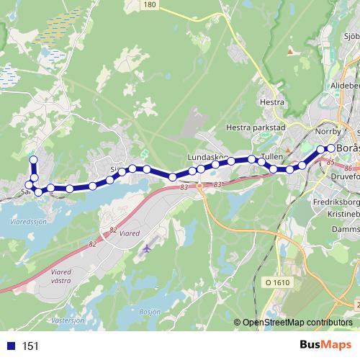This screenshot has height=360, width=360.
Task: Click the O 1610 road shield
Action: click(x=276, y=283)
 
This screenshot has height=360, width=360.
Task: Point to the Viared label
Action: click(x=127, y=233)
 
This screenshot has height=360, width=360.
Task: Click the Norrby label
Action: click(x=328, y=131)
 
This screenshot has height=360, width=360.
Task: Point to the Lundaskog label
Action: click(x=207, y=156)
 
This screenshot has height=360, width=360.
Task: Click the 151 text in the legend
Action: click(x=30, y=346)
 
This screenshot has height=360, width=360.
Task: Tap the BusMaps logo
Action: click(x=320, y=346)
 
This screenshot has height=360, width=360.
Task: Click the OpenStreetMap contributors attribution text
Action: click(x=297, y=323)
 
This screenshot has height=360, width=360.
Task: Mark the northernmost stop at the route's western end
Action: click(x=32, y=160)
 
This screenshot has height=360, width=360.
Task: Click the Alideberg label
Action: click(x=344, y=84)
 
